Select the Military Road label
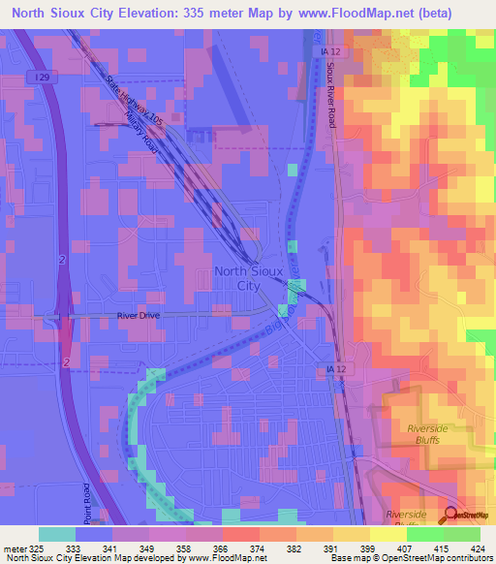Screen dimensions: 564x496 [x=142, y=128]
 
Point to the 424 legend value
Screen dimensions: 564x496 [x=478, y=547]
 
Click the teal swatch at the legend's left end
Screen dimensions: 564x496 [x=57, y=534]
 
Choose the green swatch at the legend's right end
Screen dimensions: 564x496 [x=462, y=534]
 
